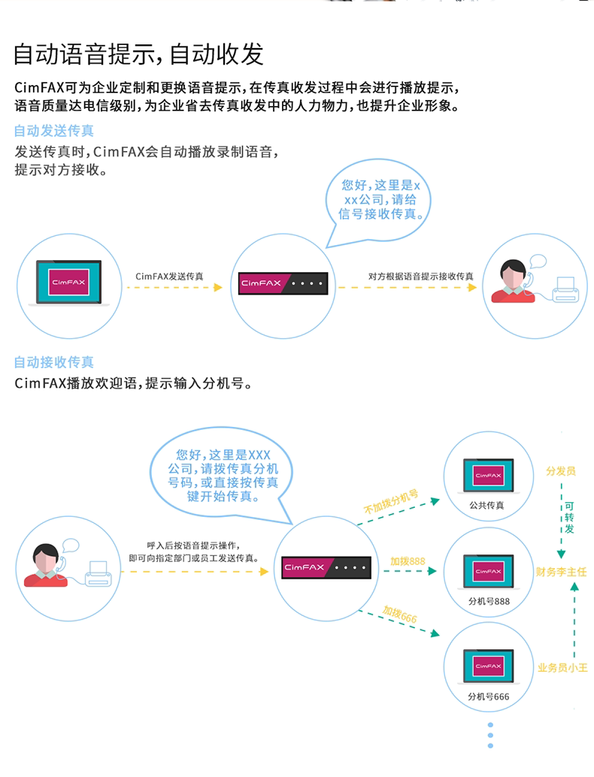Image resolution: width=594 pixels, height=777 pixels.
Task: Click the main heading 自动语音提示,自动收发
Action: pyautogui.click(x=138, y=54)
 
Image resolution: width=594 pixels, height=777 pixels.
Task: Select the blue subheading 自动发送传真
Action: pyautogui.click(x=54, y=131)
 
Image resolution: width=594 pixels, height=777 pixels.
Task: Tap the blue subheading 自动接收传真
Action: pyautogui.click(x=54, y=362)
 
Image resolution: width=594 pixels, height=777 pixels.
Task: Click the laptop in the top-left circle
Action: pyautogui.click(x=69, y=283)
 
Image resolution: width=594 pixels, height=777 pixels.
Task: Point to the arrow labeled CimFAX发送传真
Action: pyautogui.click(x=174, y=287)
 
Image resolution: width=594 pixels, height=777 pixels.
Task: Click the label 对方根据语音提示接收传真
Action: pyautogui.click(x=420, y=277)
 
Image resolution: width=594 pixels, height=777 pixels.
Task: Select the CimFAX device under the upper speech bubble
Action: pyautogui.click(x=283, y=283)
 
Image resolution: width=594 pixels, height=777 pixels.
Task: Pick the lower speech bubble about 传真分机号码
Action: pyautogui.click(x=222, y=475)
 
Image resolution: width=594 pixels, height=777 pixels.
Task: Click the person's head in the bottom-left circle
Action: pyautogui.click(x=46, y=558)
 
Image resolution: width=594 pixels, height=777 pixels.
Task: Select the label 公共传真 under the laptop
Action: pyautogui.click(x=487, y=506)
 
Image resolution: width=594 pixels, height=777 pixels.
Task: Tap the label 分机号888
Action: pyautogui.click(x=489, y=601)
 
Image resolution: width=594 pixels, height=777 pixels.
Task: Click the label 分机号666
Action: pyautogui.click(x=489, y=697)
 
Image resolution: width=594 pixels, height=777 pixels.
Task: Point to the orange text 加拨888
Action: pyautogui.click(x=408, y=561)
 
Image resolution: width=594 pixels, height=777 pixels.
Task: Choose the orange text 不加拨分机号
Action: pyautogui.click(x=391, y=501)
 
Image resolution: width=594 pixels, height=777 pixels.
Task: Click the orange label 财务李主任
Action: pyautogui.click(x=561, y=572)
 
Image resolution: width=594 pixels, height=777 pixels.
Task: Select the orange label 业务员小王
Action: pyautogui.click(x=562, y=668)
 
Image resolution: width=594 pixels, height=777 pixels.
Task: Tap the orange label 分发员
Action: pyautogui.click(x=561, y=470)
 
